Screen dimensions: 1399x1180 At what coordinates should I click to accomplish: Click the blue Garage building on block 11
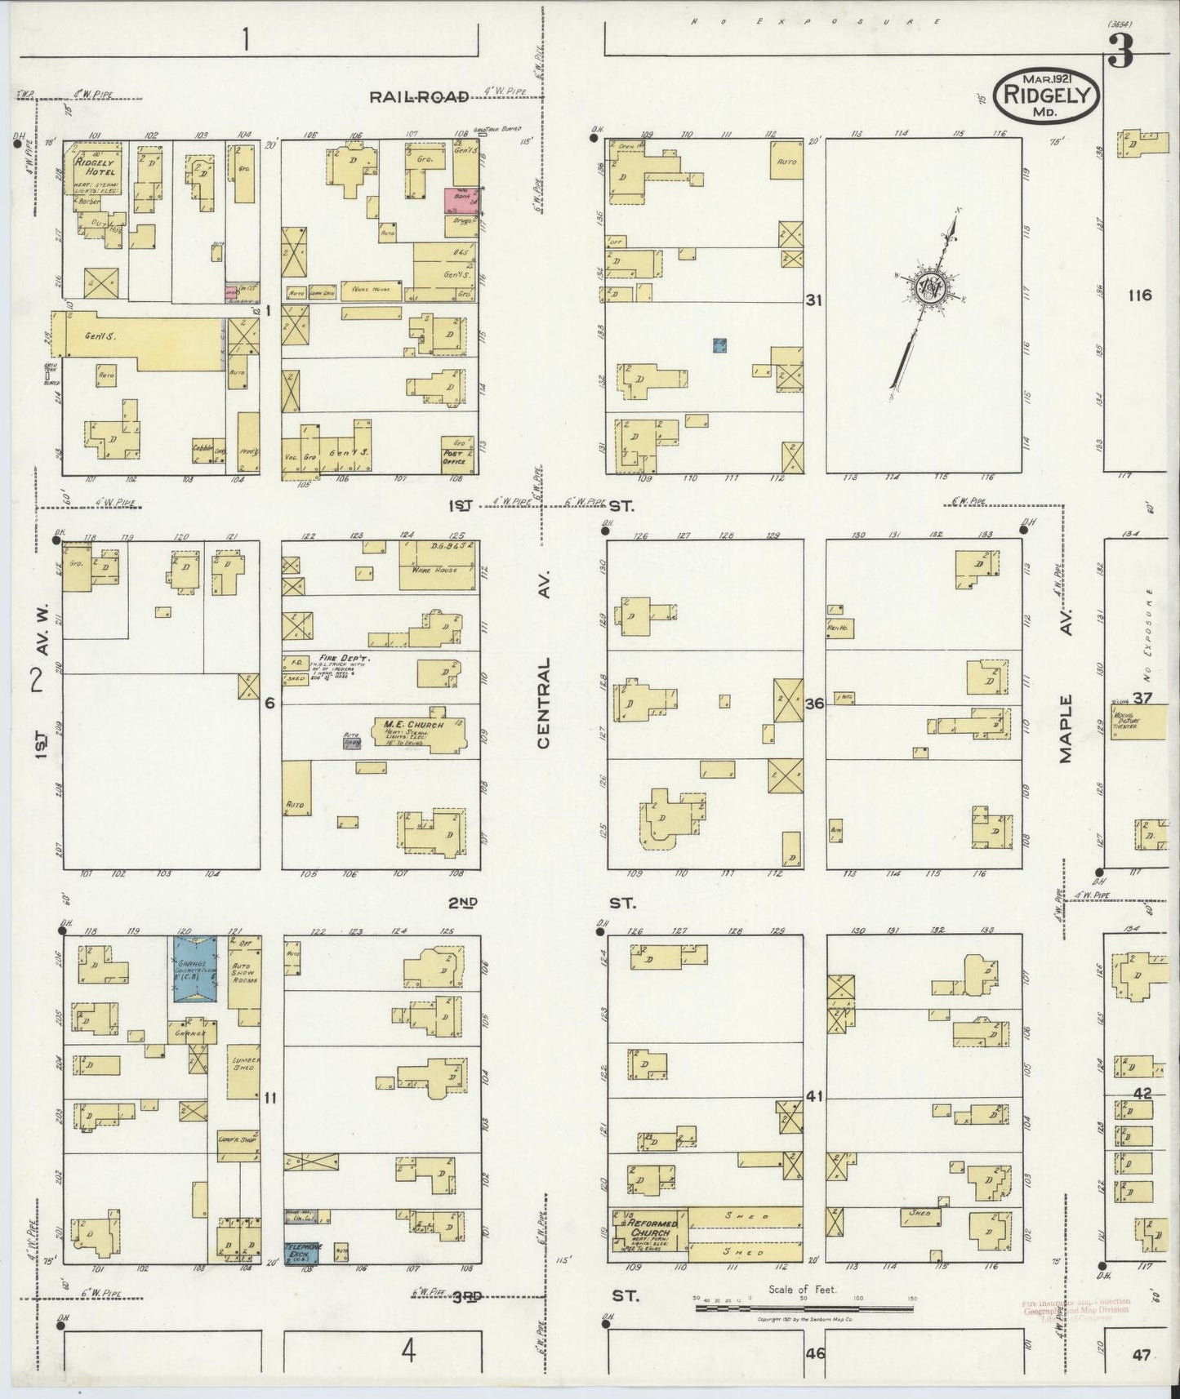click(194, 969)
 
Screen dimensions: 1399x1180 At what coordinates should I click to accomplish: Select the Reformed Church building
click(649, 1235)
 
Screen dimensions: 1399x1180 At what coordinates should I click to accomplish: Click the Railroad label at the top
click(419, 96)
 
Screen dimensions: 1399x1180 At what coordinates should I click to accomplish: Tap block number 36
click(814, 704)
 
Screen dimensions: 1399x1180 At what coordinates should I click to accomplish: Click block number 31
click(813, 300)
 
